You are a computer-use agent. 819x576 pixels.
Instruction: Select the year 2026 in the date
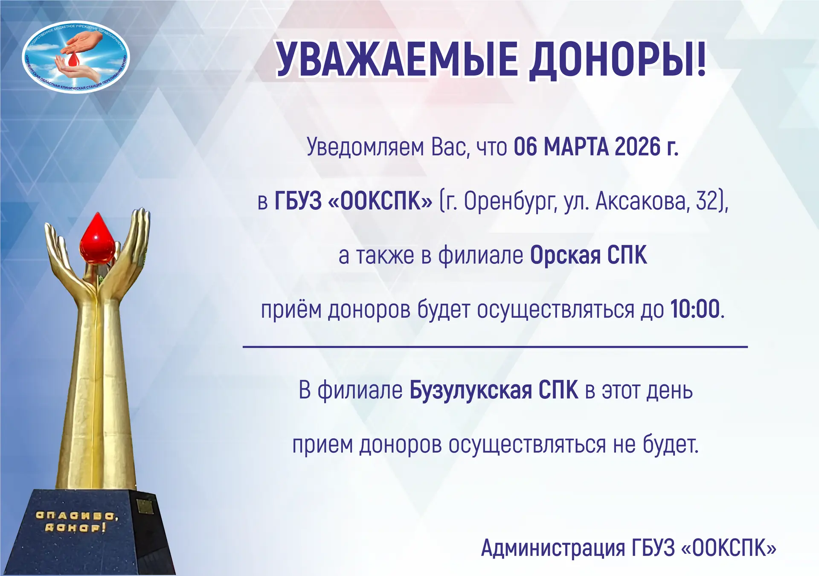pyautogui.click(x=632, y=147)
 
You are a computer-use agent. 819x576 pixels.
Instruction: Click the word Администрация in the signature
pyautogui.click(x=553, y=548)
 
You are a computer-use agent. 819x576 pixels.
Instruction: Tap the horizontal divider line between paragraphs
pyautogui.click(x=495, y=347)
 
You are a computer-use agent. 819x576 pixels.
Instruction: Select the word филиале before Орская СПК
pyautogui.click(x=480, y=256)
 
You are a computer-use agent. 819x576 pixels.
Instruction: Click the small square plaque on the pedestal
pyautogui.click(x=145, y=506)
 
